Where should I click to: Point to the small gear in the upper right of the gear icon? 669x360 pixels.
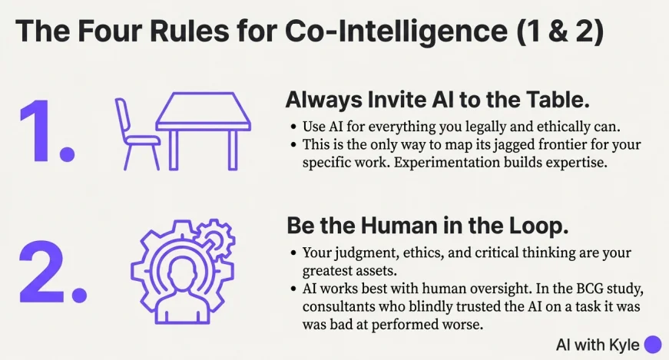(216, 239)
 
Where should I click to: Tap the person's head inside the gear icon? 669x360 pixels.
(182, 274)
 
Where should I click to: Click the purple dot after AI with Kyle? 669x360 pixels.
(652, 345)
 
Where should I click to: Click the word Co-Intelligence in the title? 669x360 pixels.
(396, 31)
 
